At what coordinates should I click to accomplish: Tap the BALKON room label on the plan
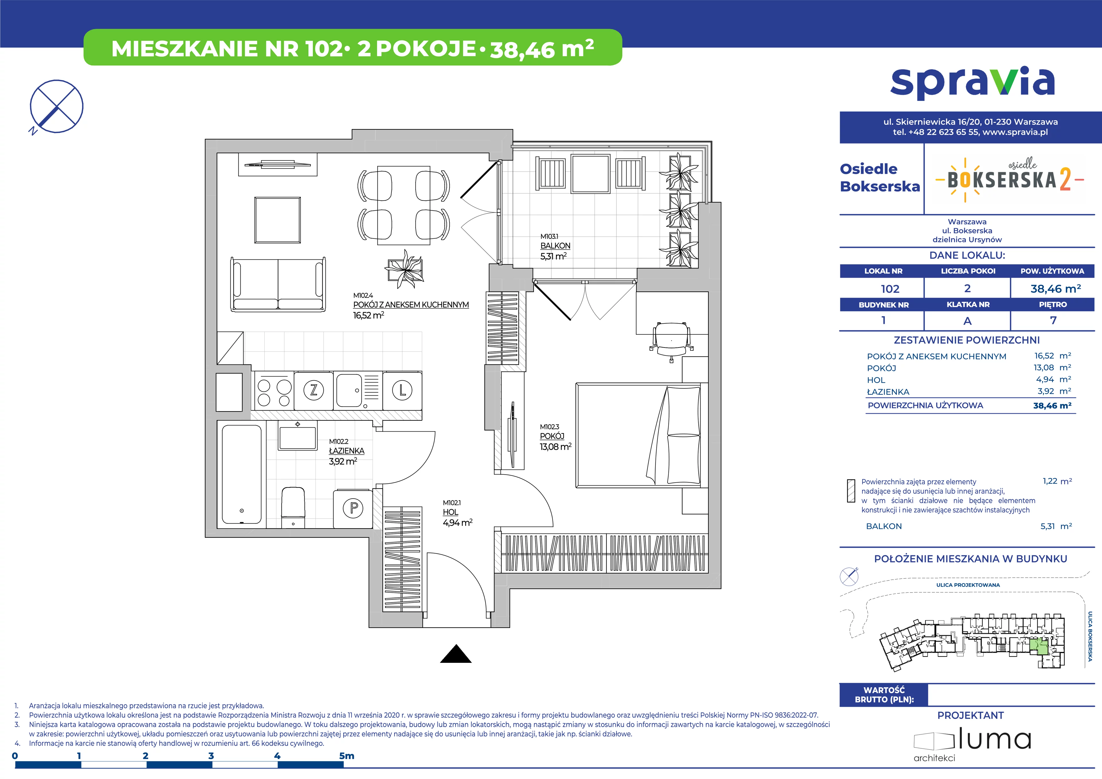[555, 246]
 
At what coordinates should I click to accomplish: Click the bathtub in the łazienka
[242, 474]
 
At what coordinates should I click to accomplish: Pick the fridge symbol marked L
[402, 390]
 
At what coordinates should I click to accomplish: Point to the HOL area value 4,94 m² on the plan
[457, 523]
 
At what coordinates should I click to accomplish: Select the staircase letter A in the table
[968, 320]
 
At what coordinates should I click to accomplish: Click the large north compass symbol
[56, 106]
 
